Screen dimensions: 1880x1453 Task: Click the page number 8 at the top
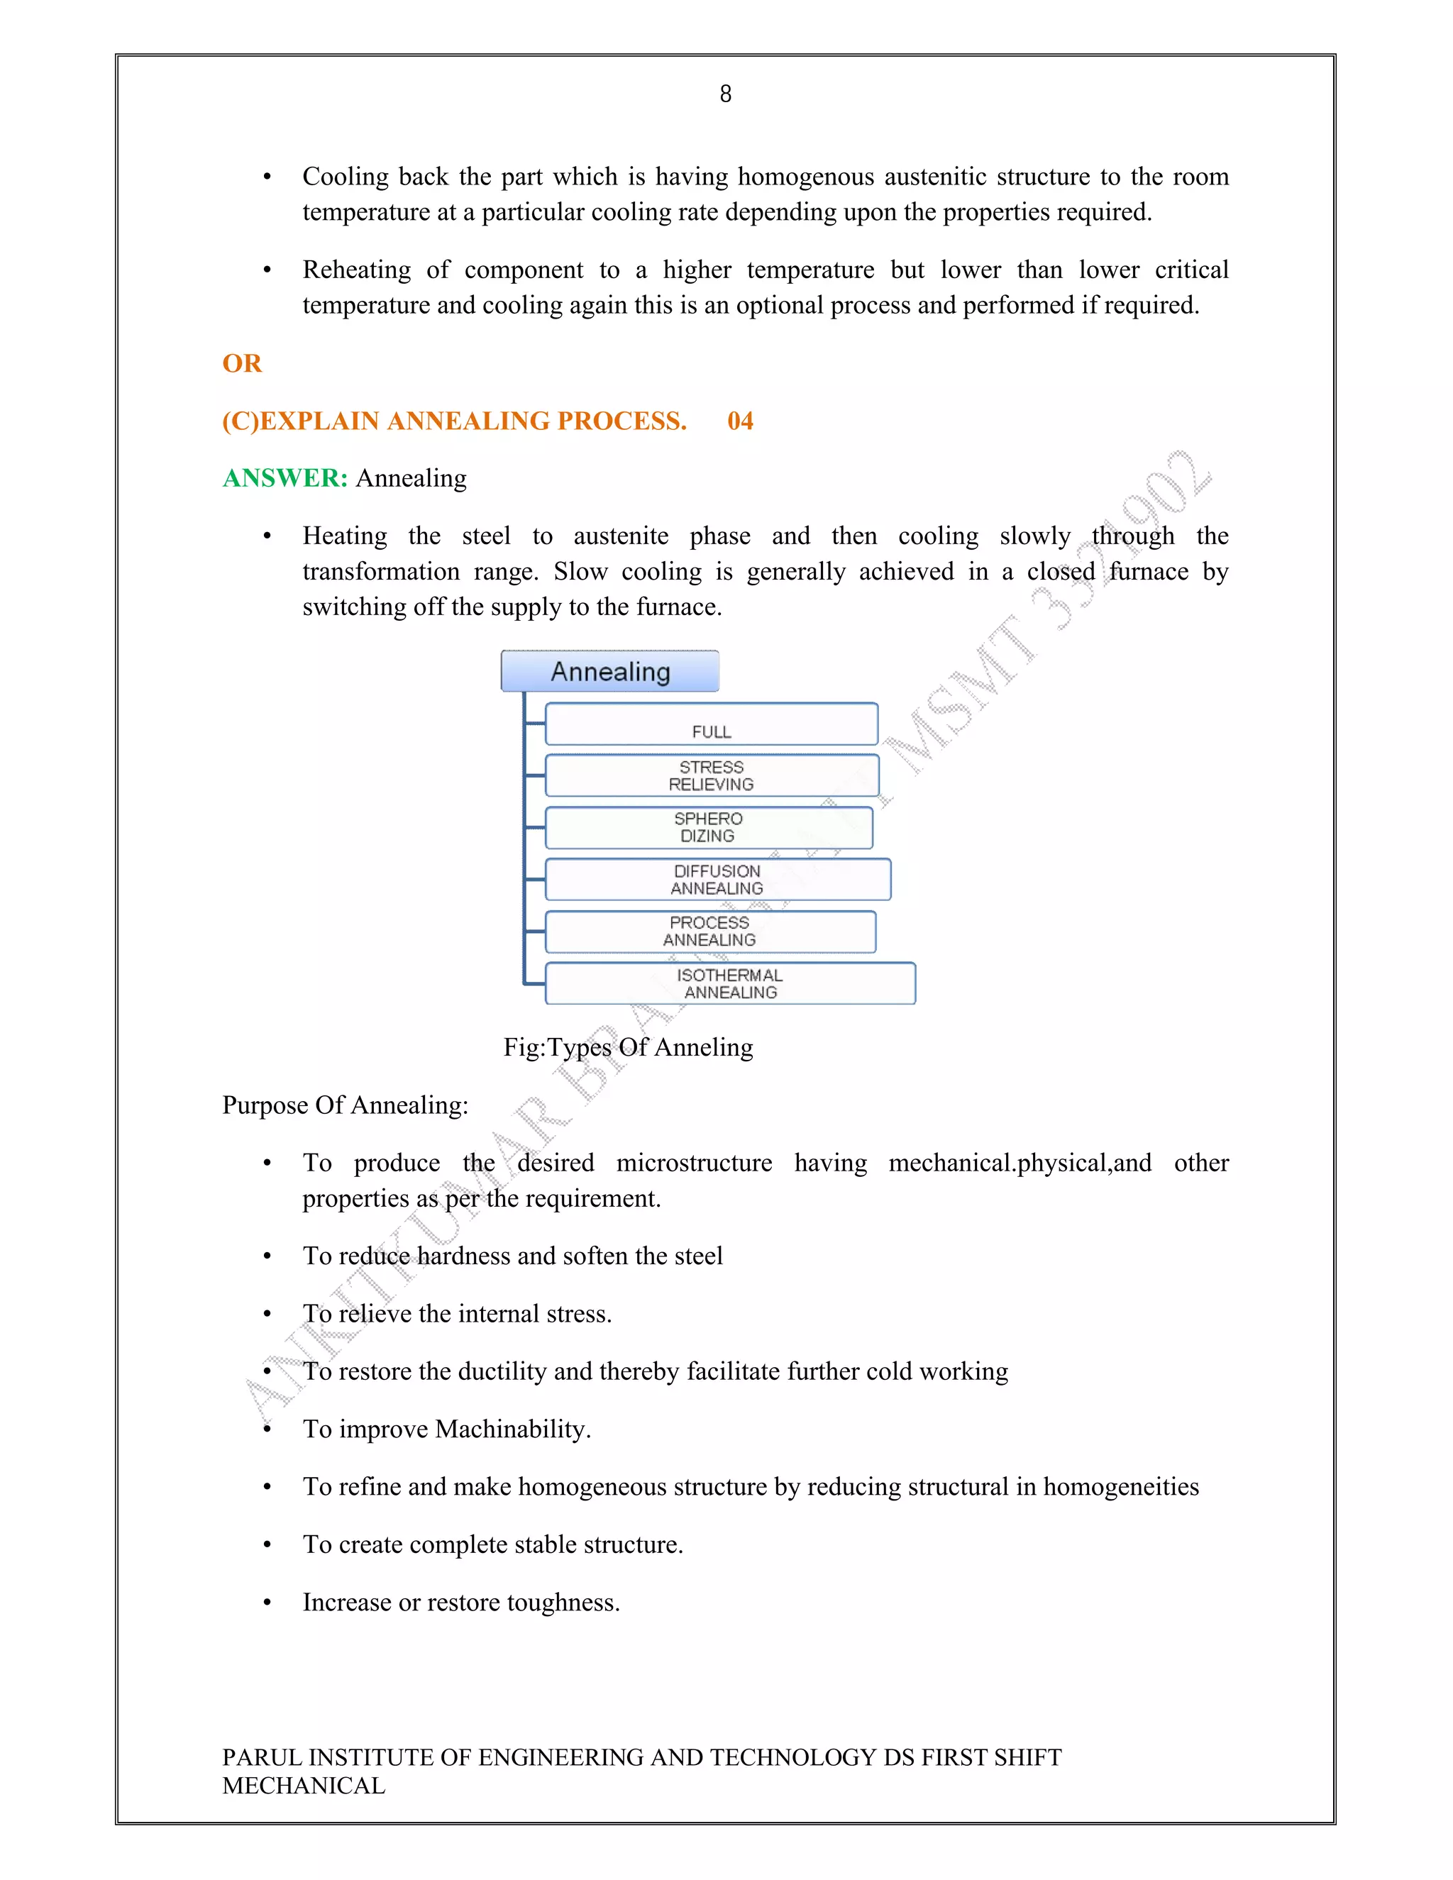(726, 94)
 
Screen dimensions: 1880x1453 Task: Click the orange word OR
(242, 363)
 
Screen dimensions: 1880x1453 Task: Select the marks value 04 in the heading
(740, 421)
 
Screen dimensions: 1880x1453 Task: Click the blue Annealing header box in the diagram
(609, 671)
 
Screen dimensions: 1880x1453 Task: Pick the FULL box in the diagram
(711, 724)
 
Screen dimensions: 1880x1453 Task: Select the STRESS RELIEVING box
(711, 775)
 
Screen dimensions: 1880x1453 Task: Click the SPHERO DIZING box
(709, 827)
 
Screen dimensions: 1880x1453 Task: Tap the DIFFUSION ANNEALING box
(717, 880)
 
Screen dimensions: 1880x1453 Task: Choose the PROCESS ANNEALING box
(710, 931)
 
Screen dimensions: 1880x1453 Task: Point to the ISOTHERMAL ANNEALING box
(730, 984)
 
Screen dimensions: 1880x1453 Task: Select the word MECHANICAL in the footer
(303, 1786)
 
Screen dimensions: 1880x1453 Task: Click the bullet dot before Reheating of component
(267, 271)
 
